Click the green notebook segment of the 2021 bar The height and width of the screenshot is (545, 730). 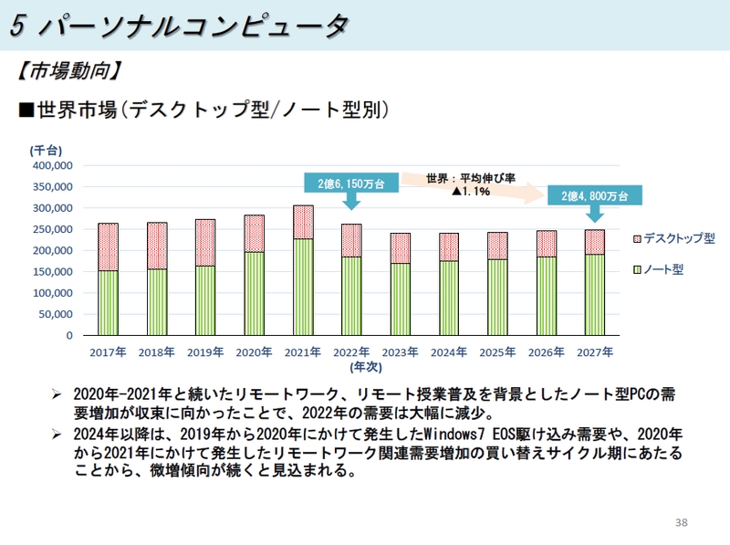[x=303, y=287]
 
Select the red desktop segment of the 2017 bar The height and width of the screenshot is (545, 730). [x=108, y=246]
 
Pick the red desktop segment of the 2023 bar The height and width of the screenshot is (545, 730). [x=400, y=248]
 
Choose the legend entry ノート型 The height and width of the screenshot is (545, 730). [x=663, y=270]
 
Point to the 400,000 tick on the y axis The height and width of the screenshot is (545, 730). [x=53, y=166]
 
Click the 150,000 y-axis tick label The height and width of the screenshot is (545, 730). [x=53, y=272]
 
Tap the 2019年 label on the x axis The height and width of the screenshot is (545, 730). [x=205, y=351]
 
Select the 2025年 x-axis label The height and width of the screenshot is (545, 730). [x=497, y=351]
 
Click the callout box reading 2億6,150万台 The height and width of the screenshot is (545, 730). [x=350, y=183]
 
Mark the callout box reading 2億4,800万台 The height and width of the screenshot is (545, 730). [x=594, y=195]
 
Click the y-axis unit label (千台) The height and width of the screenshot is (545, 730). [x=46, y=150]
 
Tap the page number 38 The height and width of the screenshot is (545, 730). [x=681, y=522]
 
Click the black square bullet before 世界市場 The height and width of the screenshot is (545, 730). [x=26, y=110]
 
